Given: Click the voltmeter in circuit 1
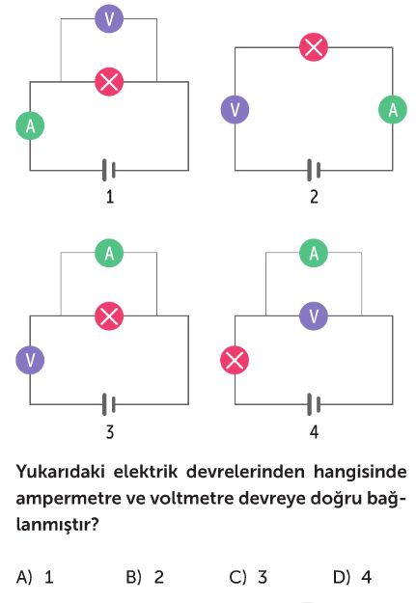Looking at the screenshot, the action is point(109,18).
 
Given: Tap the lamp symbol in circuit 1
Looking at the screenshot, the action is point(109,82).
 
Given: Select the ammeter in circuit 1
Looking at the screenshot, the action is point(30,125).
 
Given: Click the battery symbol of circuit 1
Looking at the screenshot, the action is point(109,170).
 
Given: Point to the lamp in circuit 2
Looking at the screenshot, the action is point(314,47).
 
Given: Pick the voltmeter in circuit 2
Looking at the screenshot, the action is point(235,110).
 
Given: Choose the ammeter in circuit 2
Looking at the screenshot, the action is point(393,110).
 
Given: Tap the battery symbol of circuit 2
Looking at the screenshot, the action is point(314,170).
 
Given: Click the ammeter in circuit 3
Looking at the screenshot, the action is point(109,253).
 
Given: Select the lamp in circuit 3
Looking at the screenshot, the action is point(109,316).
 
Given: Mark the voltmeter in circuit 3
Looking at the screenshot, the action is point(30,360).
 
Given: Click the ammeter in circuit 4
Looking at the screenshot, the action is point(314,253).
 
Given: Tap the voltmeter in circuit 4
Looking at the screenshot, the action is point(314,316).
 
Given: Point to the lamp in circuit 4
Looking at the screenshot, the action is point(235,360).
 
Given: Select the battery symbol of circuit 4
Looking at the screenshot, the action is point(314,404).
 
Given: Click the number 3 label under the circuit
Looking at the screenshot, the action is point(110,432).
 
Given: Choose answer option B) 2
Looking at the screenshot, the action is point(145,577).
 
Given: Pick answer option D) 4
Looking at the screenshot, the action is point(352,577).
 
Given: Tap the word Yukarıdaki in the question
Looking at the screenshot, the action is point(60,472).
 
